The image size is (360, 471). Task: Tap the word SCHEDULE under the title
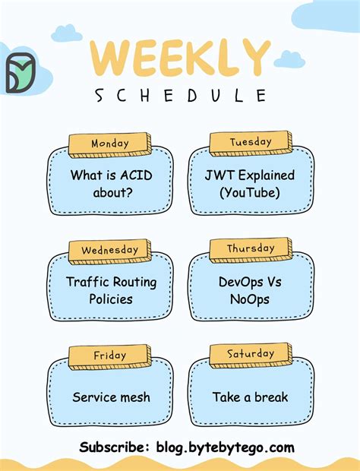point(181,96)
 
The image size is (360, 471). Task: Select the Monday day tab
point(110,144)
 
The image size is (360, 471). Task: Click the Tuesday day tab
point(251,142)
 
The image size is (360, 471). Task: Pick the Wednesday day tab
point(110,250)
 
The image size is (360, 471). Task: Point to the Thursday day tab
point(251,248)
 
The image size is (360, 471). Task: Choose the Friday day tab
point(110,356)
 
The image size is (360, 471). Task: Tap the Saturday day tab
point(251,354)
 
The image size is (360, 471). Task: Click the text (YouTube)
point(250,193)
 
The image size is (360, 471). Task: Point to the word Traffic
point(89,282)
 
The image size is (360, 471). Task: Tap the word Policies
point(111,299)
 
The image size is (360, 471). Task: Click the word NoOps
point(250,299)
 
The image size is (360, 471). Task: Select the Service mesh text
point(111,397)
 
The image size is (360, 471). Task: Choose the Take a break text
point(250,397)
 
